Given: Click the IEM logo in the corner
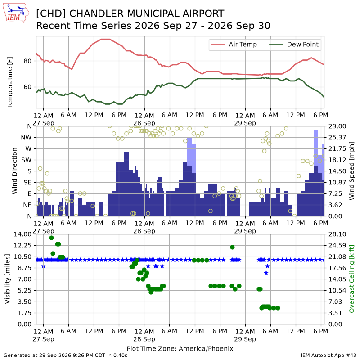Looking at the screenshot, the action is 16,13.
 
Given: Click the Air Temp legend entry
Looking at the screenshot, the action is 234,45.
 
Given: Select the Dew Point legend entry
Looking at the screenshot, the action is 294,45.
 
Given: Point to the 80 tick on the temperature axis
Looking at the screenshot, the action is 27,61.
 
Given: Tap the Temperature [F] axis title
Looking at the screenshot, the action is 10,82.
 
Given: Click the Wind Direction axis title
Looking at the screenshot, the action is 15,171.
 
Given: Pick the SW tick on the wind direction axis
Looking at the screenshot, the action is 27,160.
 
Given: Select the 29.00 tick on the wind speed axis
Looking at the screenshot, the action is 337,126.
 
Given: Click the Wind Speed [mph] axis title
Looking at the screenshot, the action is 351,171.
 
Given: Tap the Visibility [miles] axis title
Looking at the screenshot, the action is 8,279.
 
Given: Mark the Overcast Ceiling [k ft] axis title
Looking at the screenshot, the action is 351,279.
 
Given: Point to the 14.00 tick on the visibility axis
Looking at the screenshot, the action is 22,234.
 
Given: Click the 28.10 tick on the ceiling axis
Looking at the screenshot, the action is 337,234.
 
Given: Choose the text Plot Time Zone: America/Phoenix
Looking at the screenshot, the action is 180,348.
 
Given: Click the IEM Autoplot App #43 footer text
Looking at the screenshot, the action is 328,355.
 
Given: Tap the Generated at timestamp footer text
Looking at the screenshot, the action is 65,355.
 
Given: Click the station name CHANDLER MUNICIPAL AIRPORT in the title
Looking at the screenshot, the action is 147,13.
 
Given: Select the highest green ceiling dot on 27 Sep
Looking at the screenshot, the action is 51,238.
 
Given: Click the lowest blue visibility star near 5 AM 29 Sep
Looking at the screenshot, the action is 266,273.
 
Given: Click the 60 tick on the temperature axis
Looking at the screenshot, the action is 27,87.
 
